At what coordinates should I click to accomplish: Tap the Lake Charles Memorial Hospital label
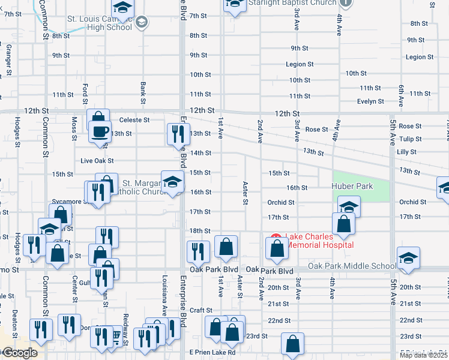tap(319, 241)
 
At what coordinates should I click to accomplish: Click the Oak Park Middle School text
tap(352, 266)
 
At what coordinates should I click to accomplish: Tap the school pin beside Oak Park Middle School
tap(408, 257)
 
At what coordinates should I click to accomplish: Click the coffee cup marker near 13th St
tap(100, 131)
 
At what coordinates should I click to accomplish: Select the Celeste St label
tap(134, 120)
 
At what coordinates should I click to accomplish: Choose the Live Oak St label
tap(97, 161)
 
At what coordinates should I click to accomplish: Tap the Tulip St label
tap(411, 139)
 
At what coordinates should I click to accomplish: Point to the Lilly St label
tap(406, 152)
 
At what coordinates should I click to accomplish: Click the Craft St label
tap(197, 310)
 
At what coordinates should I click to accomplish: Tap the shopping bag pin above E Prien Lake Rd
tap(292, 344)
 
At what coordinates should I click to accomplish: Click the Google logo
tap(20, 353)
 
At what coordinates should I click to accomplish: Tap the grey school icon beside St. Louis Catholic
tap(141, 23)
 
